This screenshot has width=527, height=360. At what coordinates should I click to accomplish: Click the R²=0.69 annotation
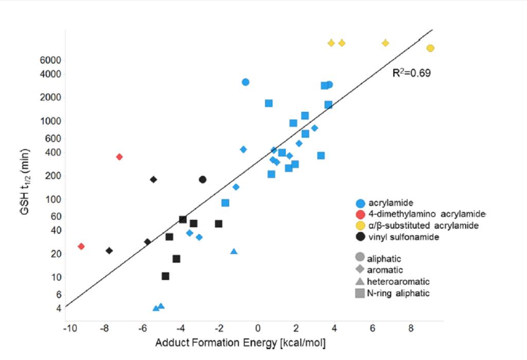[x=412, y=73]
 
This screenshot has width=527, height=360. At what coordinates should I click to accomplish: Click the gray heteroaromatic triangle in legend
[x=360, y=282]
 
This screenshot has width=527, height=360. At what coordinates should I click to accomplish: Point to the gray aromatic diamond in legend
[x=360, y=270]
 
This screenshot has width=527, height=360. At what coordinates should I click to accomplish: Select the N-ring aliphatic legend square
[x=360, y=294]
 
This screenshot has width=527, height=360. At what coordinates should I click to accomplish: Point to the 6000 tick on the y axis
[x=51, y=60]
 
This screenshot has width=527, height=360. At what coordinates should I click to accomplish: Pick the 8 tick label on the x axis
[x=411, y=328]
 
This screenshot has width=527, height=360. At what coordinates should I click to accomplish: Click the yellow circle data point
[x=430, y=48]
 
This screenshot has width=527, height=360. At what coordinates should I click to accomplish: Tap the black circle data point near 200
[x=203, y=179]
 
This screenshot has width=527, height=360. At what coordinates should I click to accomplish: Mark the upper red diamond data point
[x=119, y=157]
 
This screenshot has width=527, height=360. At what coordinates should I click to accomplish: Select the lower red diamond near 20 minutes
[x=81, y=246]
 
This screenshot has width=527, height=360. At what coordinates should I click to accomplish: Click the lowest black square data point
[x=165, y=276]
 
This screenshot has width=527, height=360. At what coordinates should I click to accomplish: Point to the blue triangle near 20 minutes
[x=234, y=251]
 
